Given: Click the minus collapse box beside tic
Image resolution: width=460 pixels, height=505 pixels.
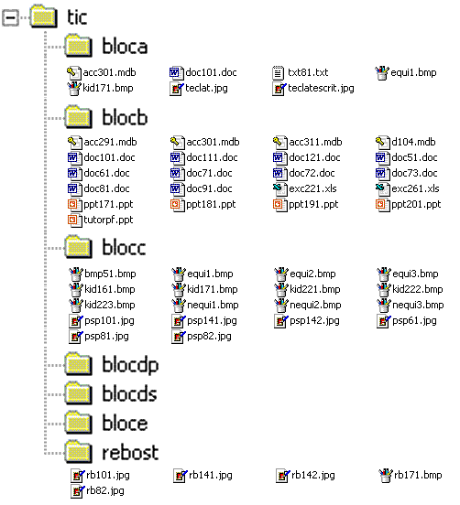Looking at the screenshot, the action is pyautogui.click(x=10, y=17).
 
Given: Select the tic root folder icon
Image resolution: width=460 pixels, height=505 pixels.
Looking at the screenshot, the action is pyautogui.click(x=44, y=16).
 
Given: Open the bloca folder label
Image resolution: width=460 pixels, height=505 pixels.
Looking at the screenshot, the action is pyautogui.click(x=125, y=46).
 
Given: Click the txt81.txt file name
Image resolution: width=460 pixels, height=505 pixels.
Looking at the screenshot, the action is pyautogui.click(x=308, y=72).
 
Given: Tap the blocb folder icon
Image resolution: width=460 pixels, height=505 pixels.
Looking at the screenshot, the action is pyautogui.click(x=79, y=116).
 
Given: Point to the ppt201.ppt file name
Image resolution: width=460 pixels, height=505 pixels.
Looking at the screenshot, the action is pyautogui.click(x=416, y=205).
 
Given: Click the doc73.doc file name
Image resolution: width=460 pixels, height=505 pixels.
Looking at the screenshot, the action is pyautogui.click(x=414, y=173).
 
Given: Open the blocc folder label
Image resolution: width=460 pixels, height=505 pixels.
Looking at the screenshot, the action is pyautogui.click(x=124, y=247).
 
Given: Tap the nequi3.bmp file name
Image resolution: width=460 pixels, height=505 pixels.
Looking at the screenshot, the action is pyautogui.click(x=418, y=305).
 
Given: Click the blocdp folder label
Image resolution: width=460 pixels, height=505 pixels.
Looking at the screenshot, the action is pyautogui.click(x=130, y=365).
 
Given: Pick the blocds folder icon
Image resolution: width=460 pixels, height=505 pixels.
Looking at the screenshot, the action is pyautogui.click(x=79, y=393).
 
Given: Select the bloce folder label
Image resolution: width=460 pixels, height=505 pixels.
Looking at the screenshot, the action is pyautogui.click(x=125, y=423).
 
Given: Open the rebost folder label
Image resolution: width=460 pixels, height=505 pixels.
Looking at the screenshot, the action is pyautogui.click(x=130, y=453).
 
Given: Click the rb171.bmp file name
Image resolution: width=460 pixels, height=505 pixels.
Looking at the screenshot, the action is pyautogui.click(x=418, y=476).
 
